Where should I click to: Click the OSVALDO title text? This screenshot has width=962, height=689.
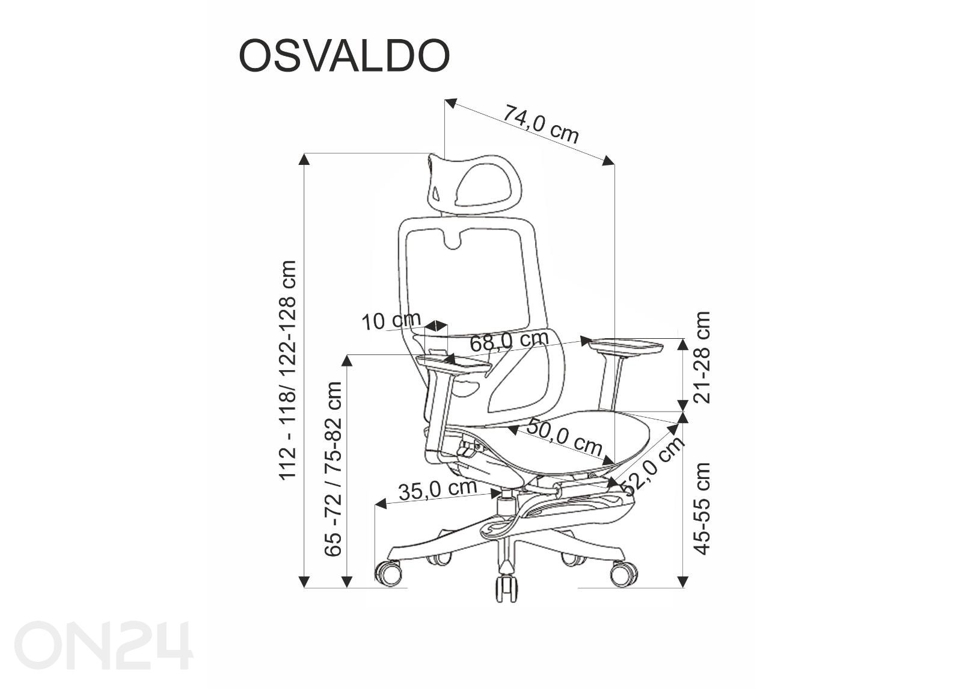[344, 56]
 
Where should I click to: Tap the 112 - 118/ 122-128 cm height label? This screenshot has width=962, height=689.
[288, 370]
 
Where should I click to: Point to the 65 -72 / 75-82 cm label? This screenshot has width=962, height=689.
[333, 469]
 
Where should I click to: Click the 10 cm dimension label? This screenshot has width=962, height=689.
[391, 321]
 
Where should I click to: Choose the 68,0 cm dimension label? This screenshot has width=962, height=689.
[509, 341]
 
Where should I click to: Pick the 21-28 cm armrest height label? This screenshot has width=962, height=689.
[702, 357]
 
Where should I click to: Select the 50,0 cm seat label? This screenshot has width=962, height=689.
[565, 436]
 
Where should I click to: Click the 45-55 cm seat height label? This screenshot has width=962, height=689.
[702, 509]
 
